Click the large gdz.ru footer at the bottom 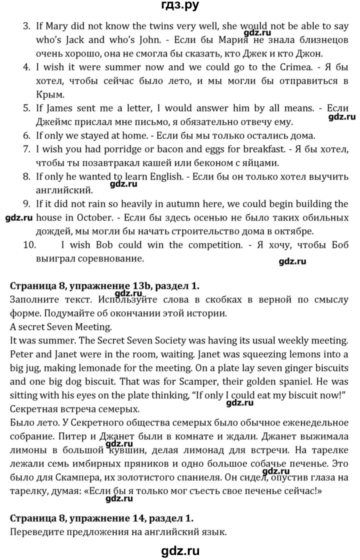(179, 548)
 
